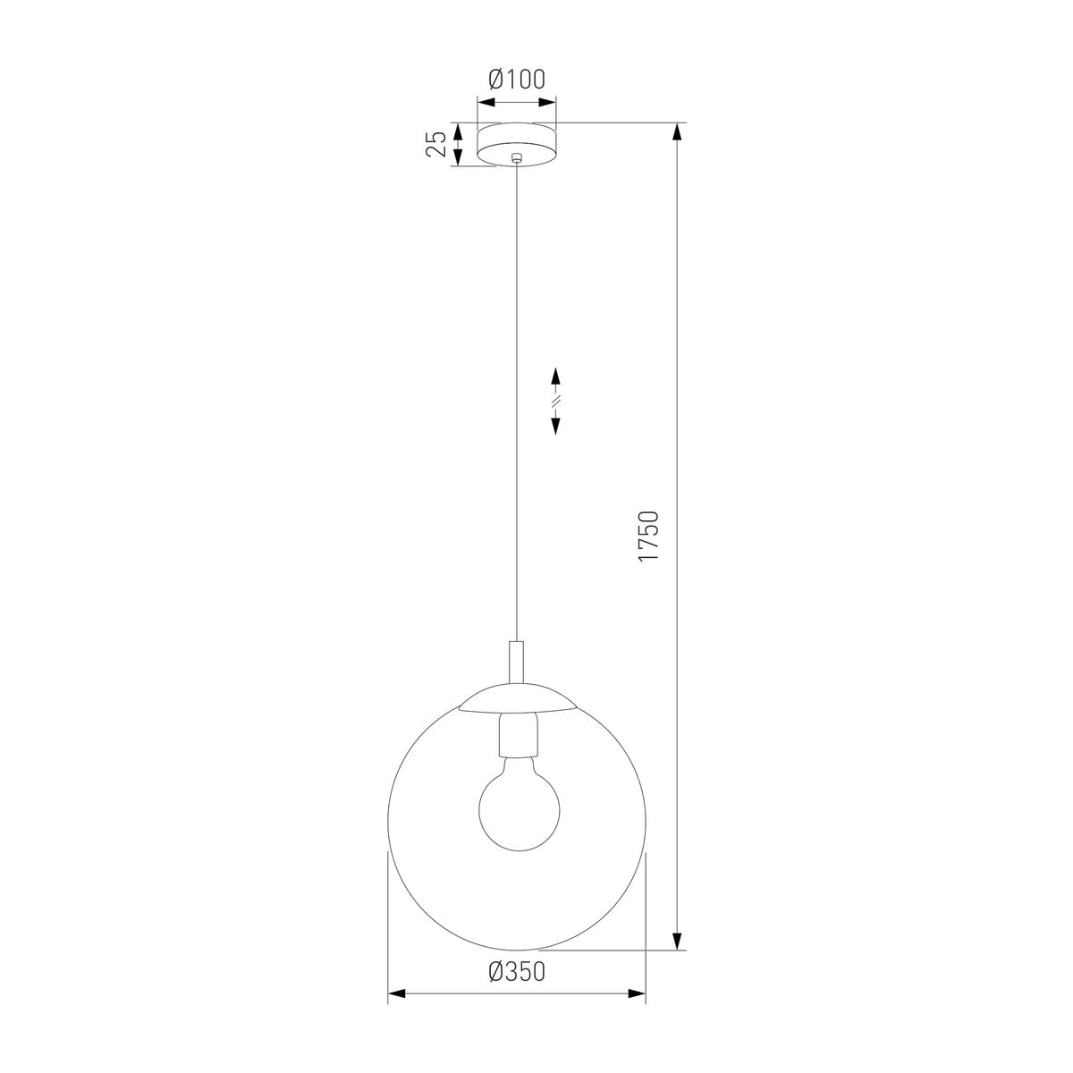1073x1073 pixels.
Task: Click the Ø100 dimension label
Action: click(x=516, y=80)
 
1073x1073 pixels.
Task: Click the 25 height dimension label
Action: click(x=436, y=144)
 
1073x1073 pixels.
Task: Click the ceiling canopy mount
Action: click(x=517, y=144)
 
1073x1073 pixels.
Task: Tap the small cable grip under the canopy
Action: click(x=517, y=157)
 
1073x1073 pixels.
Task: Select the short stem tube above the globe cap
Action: click(x=517, y=662)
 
